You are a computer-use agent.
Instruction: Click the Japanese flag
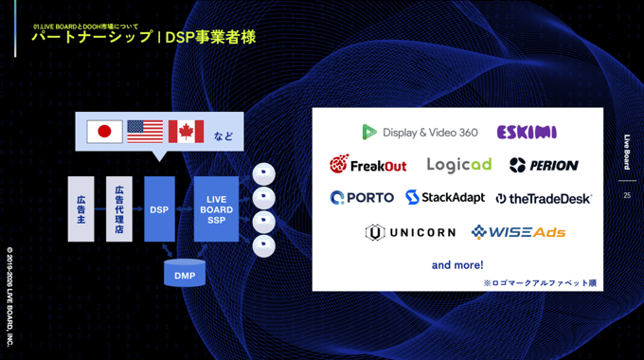coord(105,132)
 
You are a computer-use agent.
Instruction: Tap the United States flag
coord(145,132)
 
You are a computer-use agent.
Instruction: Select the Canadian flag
coord(186,132)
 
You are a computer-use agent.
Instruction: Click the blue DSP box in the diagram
coord(159,208)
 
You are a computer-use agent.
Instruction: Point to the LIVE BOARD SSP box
coord(216,208)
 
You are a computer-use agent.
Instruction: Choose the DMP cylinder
coord(184,275)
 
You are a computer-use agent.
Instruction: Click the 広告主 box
coord(81,208)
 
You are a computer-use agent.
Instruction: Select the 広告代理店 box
coord(119,208)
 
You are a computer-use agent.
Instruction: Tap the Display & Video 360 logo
coord(420,133)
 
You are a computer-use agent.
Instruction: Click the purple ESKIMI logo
coord(526,133)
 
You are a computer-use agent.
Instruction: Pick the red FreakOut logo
coord(367,165)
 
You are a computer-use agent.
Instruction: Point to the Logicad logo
coord(458,165)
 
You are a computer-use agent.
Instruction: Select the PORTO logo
coord(362,198)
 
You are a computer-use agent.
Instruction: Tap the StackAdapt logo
coord(445,198)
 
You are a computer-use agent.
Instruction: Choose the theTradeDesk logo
coord(544,198)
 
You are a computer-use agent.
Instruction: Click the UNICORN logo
coord(410,232)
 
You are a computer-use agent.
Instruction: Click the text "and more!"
coord(457,265)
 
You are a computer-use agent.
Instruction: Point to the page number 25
coord(627,196)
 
